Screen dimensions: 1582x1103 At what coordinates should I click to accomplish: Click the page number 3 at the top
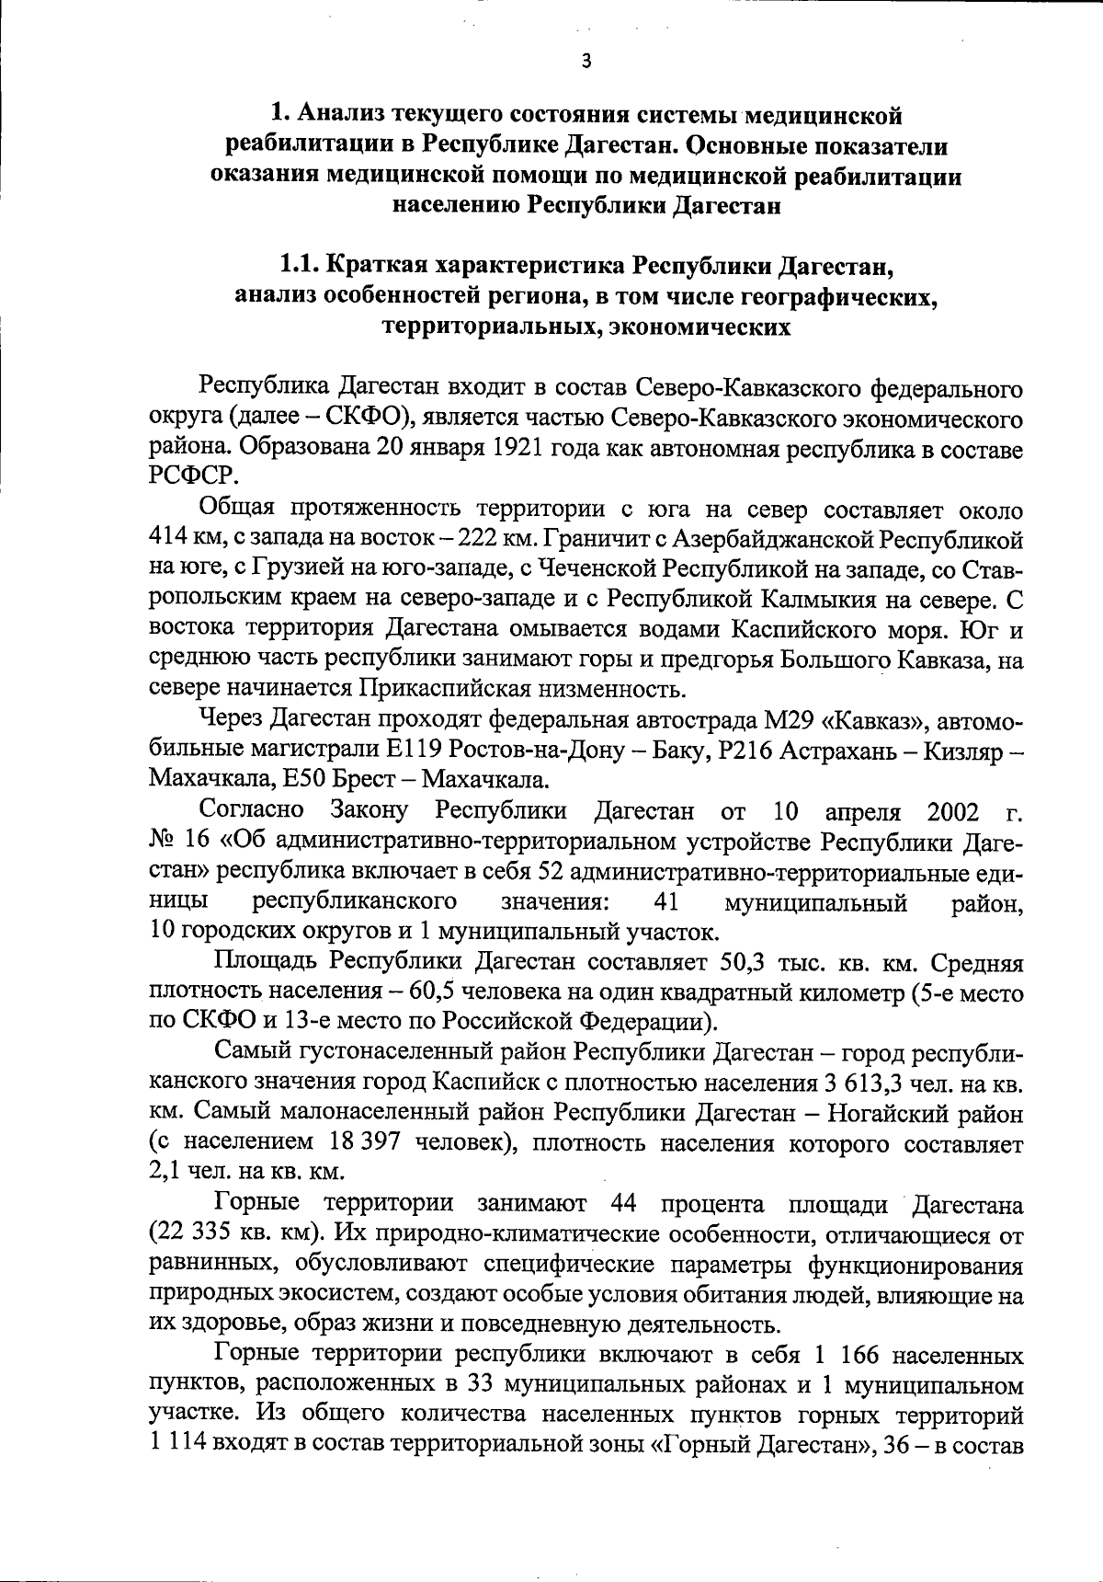[586, 62]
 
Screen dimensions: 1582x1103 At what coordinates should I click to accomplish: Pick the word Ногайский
[892, 1113]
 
